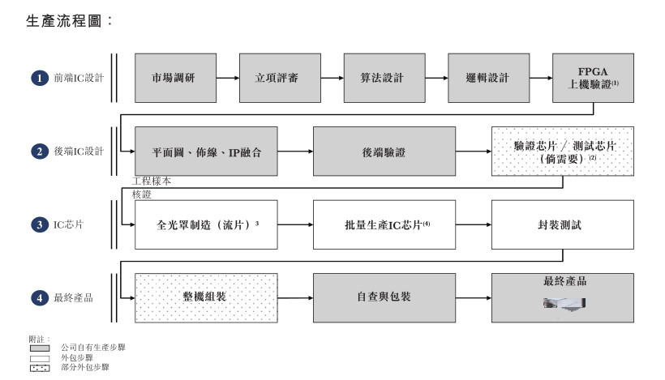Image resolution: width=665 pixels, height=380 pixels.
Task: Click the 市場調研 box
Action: (x=176, y=78)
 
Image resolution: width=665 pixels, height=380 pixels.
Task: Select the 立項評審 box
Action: (x=280, y=78)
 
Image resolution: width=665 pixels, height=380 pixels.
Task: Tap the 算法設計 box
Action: (x=384, y=78)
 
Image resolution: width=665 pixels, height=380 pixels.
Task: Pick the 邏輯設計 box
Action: (x=488, y=78)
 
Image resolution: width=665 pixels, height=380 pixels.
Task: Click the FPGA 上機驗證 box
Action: (x=593, y=78)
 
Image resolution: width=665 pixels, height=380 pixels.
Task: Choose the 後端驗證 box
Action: (x=384, y=152)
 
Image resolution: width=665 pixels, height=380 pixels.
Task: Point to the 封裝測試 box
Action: (x=563, y=224)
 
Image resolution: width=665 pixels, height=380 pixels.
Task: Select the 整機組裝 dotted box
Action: (x=206, y=298)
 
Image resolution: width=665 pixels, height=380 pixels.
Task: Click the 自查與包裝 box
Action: (x=384, y=298)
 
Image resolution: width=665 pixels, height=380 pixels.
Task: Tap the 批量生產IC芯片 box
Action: (x=384, y=224)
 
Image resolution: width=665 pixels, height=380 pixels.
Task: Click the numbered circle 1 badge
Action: (x=40, y=78)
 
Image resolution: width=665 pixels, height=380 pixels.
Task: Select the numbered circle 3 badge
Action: (x=40, y=224)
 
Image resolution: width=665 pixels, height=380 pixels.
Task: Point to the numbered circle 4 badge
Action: (x=40, y=298)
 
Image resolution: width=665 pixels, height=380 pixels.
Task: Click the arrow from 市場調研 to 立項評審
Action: (x=228, y=78)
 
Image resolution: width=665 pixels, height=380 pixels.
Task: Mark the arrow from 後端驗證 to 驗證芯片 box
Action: (x=474, y=152)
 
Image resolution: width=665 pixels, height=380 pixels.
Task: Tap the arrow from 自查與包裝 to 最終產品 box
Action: (x=474, y=298)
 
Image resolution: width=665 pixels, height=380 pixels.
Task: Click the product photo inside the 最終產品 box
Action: (x=564, y=303)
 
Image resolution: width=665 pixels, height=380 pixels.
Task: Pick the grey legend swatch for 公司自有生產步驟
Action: (x=40, y=348)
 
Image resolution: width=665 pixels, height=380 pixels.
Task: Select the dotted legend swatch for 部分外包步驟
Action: (x=40, y=368)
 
